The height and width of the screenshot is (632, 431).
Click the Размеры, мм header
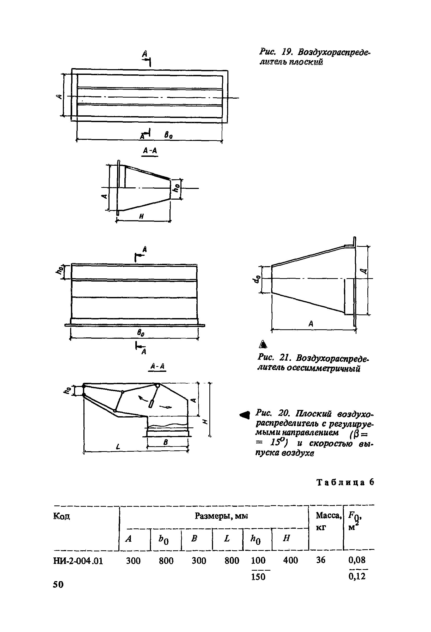tap(221, 516)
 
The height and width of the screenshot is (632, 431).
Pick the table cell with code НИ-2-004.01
tap(78, 561)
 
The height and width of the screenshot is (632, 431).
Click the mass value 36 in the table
tap(321, 560)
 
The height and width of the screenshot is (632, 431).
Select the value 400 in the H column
tap(290, 560)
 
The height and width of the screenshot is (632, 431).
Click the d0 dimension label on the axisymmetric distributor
tap(257, 279)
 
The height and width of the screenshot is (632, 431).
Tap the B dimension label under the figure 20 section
tap(166, 442)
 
